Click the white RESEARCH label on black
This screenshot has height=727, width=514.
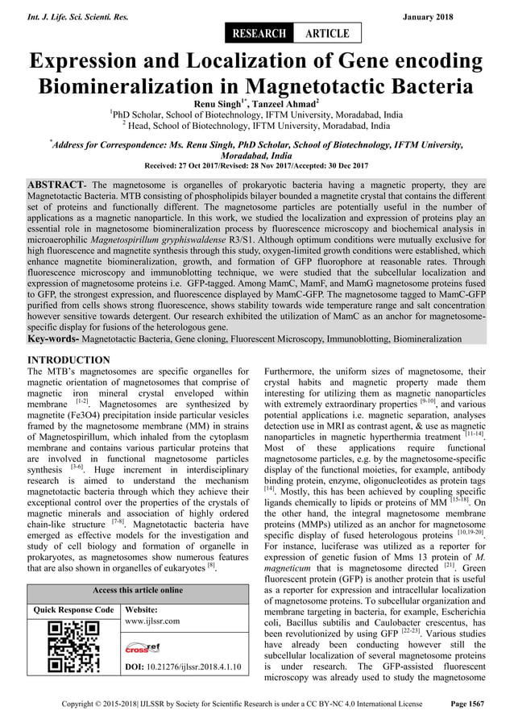[x=259, y=33]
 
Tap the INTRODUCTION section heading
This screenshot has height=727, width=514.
[x=69, y=359]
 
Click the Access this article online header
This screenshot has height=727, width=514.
[x=139, y=590]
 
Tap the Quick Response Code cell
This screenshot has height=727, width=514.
[x=71, y=610]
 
